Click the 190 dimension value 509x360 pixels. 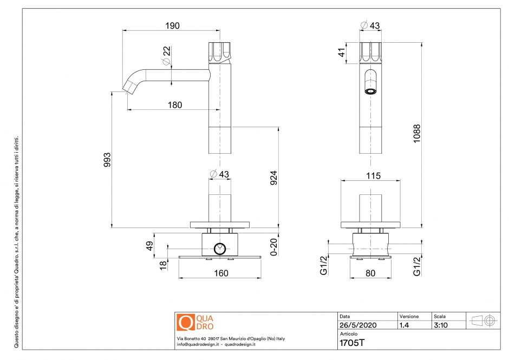[x=172, y=26]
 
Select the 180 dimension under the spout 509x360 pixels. [x=174, y=105]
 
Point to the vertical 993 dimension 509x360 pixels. [x=107, y=160]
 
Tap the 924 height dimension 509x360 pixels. [x=274, y=178]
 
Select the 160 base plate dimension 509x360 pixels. [x=220, y=273]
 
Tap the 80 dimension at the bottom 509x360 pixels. [x=370, y=273]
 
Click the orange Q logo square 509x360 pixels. [x=186, y=322]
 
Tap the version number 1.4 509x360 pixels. [x=404, y=325]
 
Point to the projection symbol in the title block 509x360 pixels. [x=484, y=320]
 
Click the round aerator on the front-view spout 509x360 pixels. [x=370, y=91]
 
